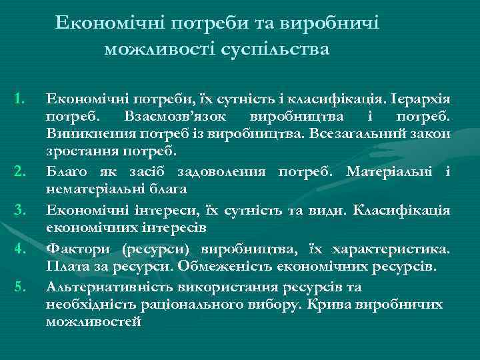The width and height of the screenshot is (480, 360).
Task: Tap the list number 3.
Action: [x=19, y=212]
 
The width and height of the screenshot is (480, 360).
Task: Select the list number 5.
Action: [x=19, y=287]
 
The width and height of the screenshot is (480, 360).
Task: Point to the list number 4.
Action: [x=19, y=250]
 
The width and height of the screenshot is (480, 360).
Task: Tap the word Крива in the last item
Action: [x=325, y=304]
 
